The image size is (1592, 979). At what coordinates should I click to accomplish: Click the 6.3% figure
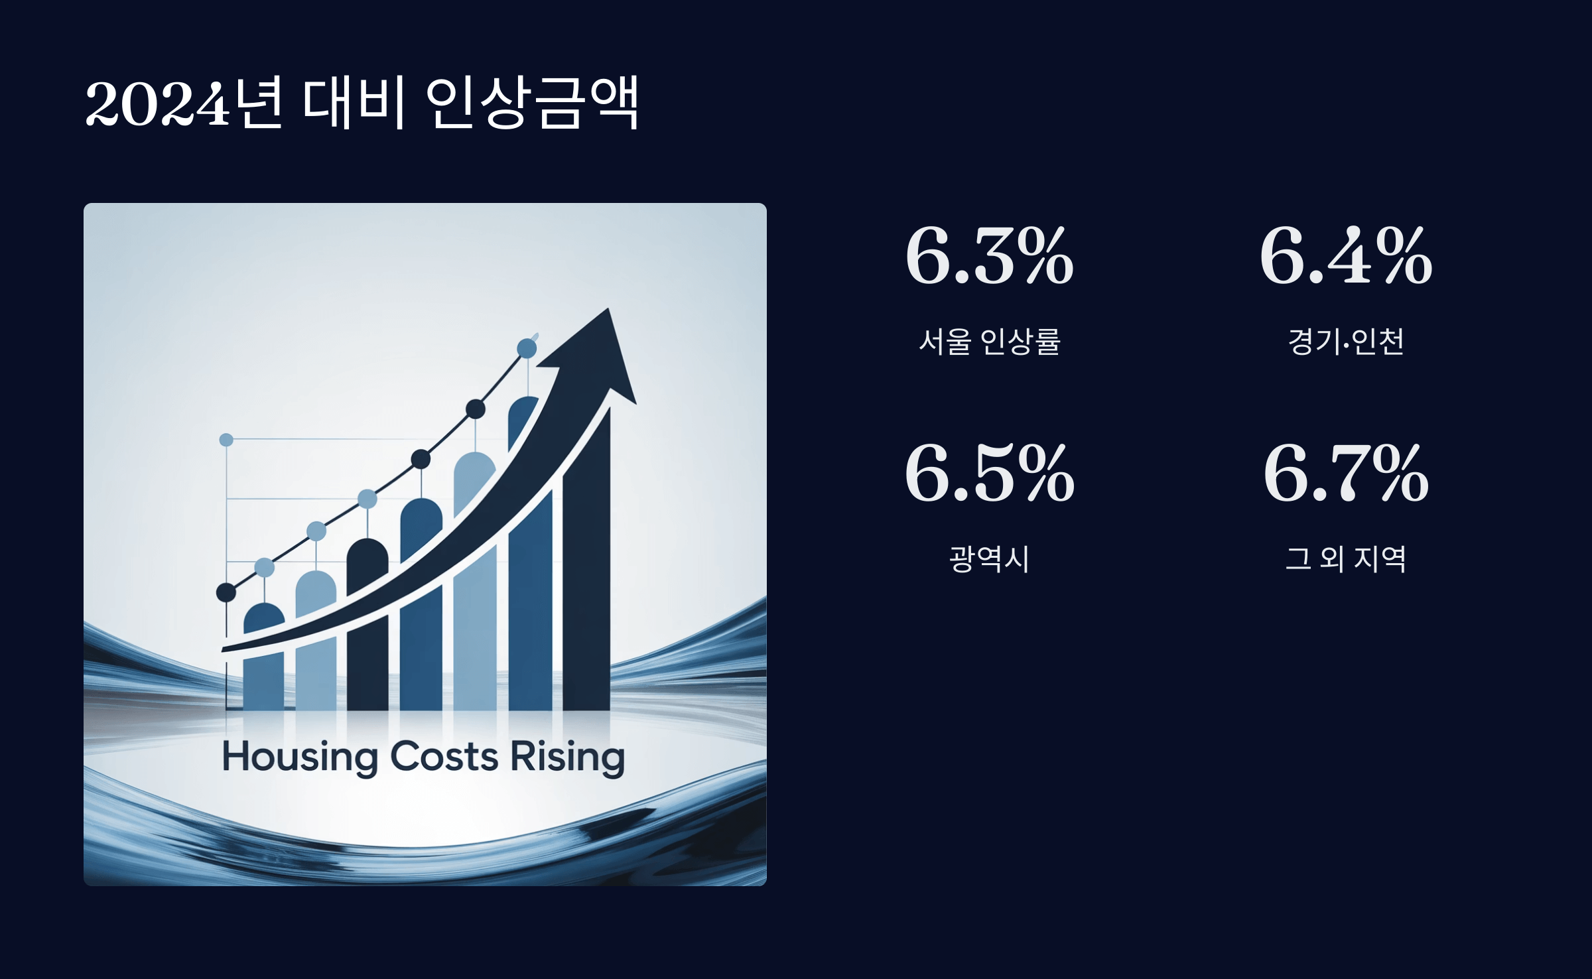(x=989, y=256)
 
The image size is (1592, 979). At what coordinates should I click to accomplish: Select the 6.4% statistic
(x=1346, y=256)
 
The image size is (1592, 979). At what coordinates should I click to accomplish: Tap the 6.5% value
(x=989, y=474)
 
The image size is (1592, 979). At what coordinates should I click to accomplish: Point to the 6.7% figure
(x=1346, y=474)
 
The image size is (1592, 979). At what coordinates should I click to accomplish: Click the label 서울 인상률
(x=989, y=342)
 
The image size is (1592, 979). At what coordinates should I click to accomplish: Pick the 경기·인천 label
(x=1346, y=342)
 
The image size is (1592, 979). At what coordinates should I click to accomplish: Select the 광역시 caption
(x=989, y=558)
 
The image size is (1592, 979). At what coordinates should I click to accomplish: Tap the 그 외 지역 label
(x=1346, y=558)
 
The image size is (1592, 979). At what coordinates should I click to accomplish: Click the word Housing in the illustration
(x=300, y=757)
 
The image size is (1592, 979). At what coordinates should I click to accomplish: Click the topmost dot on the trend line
(x=527, y=348)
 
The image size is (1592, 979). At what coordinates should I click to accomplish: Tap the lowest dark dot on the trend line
(x=226, y=592)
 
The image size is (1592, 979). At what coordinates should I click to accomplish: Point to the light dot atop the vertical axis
(x=226, y=440)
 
